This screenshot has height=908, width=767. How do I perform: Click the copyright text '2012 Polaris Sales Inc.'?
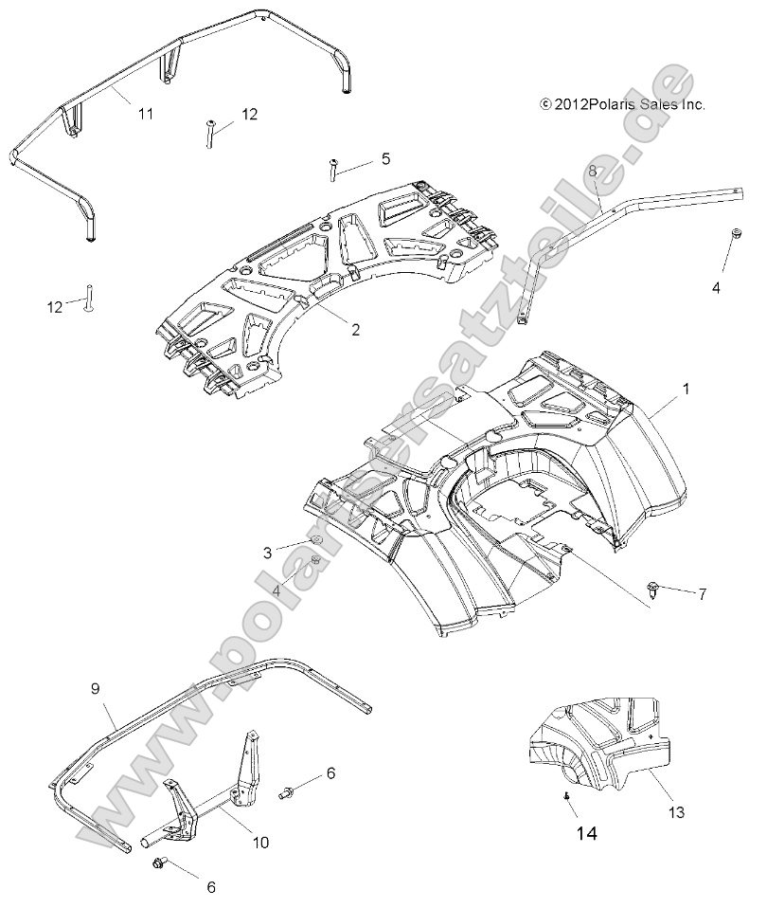tap(622, 105)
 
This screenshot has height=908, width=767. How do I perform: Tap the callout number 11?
tap(145, 114)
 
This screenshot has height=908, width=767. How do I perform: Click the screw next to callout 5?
tap(334, 170)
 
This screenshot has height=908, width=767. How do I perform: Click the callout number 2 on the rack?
tap(355, 331)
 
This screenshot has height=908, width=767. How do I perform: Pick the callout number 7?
tap(702, 594)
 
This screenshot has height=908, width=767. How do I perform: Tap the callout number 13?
tap(676, 812)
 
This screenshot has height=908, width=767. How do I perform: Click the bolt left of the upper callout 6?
tap(287, 790)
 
